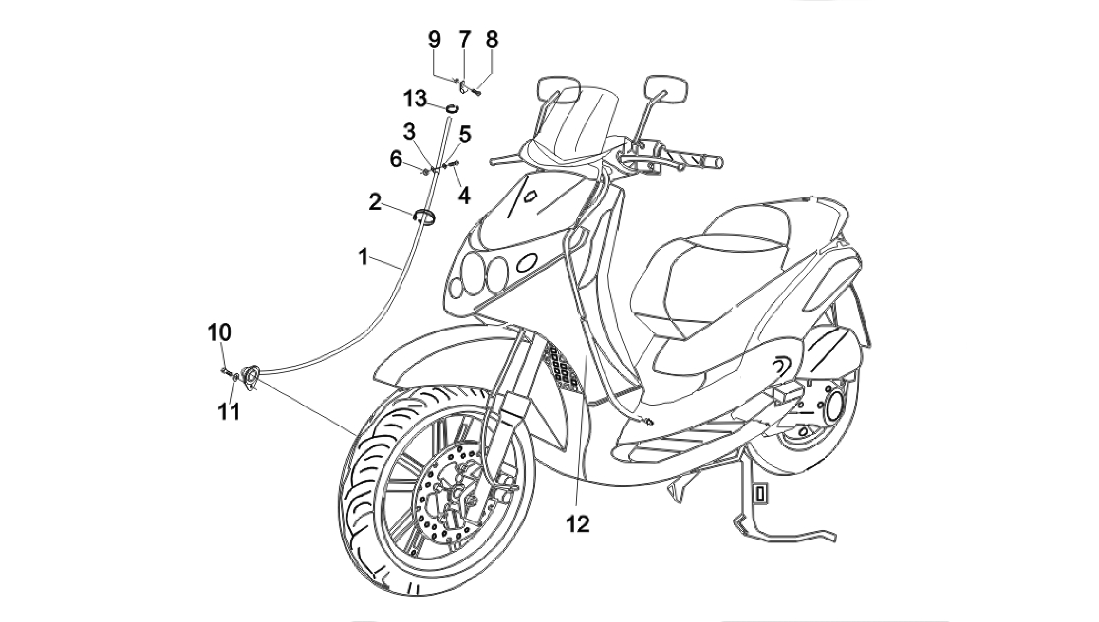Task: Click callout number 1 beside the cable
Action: point(364,257)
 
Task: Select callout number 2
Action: point(375,203)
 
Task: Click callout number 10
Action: point(220,332)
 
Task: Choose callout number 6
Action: point(396,159)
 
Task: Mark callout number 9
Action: point(434,39)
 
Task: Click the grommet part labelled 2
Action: point(424,216)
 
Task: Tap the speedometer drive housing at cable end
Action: point(250,375)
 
